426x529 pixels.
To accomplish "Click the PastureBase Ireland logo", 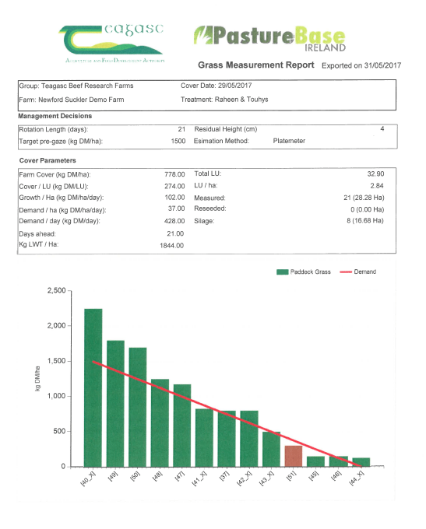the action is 269,38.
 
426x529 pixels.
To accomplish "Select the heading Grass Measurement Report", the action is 255,65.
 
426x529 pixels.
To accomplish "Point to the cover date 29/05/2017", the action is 234,86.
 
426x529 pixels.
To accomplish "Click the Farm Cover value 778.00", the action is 174,174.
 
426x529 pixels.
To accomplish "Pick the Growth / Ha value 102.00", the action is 174,198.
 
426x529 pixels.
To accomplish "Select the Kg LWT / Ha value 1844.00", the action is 172,245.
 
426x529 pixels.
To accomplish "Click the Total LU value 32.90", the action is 375,173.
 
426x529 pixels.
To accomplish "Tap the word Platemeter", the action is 289,141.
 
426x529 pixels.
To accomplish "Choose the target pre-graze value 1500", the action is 178,141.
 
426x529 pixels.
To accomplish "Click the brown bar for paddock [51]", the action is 294,456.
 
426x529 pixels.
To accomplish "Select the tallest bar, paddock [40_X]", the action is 93,387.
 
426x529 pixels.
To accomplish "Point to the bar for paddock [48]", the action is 160,422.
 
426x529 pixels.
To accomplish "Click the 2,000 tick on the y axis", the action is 57,325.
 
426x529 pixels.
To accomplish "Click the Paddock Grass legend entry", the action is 304,272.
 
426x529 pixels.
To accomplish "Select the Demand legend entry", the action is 357,272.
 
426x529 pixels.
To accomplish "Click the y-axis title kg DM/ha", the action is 37,379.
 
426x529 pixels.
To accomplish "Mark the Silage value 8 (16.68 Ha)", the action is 365,221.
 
